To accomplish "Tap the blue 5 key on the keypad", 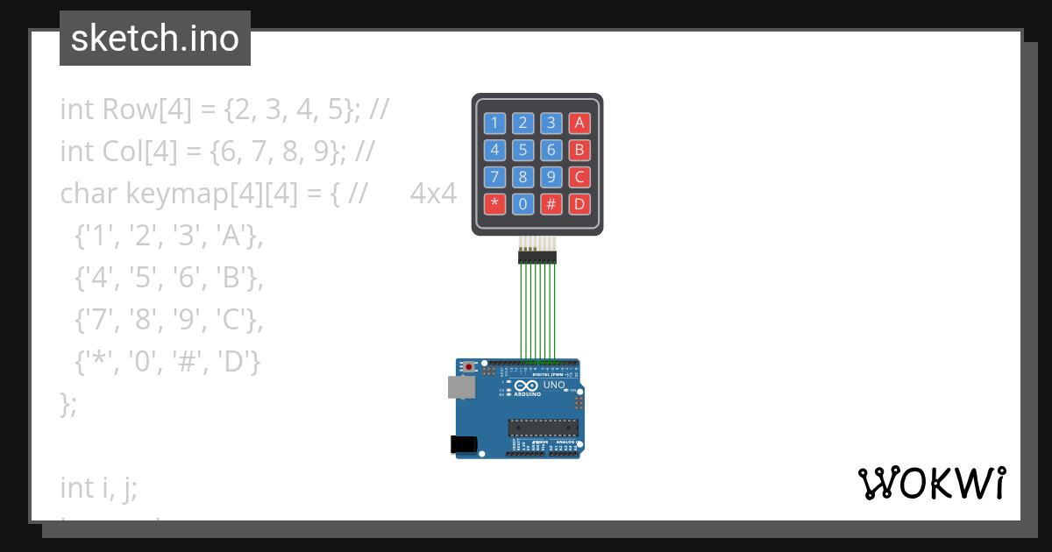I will tap(523, 150).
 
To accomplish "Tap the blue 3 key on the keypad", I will tap(551, 123).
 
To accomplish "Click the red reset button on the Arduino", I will tap(470, 366).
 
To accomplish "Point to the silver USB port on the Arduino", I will tap(459, 387).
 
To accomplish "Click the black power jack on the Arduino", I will tap(464, 444).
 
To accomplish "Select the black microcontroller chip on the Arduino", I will tap(543, 427).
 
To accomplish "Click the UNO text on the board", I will tap(554, 386).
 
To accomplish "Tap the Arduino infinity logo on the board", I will tap(526, 386).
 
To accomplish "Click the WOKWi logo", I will tap(931, 483).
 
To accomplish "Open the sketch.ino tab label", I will tap(155, 39).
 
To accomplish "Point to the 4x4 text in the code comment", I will tap(433, 193).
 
